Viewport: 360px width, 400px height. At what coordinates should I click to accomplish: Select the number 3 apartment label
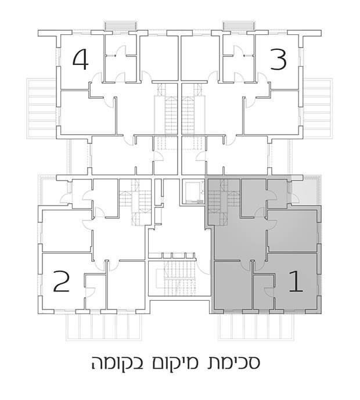[278, 59]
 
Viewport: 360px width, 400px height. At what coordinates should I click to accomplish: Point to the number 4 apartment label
[80, 59]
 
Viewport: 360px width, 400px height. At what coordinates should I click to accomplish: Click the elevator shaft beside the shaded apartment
[190, 191]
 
